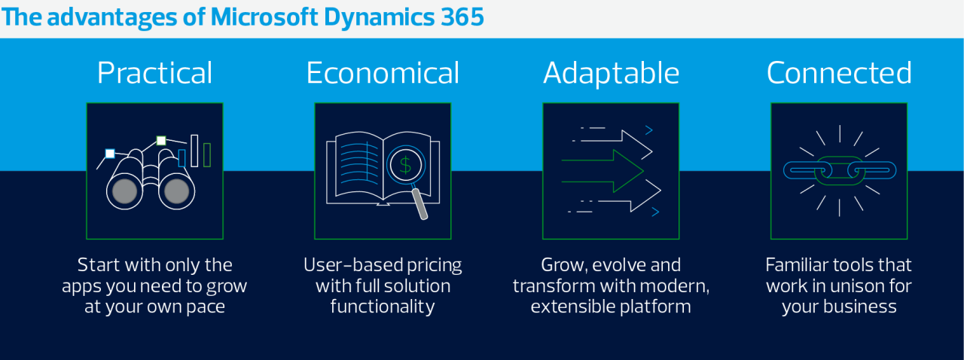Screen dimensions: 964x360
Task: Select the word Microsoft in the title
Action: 264,17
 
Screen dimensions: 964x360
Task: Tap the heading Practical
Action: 155,72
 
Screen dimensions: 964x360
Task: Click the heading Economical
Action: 383,72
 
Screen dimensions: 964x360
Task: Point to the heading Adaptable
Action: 611,72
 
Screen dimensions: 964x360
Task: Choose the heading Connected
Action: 839,72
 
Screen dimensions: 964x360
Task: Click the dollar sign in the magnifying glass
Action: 405,165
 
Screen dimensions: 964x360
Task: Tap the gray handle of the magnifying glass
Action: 419,203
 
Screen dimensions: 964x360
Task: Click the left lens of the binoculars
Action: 125,191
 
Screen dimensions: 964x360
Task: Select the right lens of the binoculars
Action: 176,191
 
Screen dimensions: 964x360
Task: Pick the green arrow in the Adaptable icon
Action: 602,171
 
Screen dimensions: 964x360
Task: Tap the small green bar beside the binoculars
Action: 207,154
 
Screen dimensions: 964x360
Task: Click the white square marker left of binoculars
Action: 110,154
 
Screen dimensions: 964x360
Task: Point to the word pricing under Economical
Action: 435,266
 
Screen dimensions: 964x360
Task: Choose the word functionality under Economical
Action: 383,307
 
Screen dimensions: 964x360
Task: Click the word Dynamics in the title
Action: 379,17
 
